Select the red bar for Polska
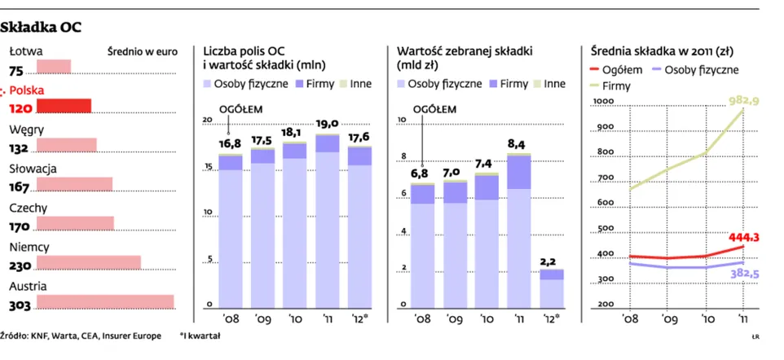tap(64, 106)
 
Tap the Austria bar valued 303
tap(105, 301)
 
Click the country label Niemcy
tap(29, 247)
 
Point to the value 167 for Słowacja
tap(19, 187)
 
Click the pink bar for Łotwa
tap(54, 67)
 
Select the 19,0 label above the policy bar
tap(328, 124)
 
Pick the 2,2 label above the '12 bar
tap(548, 261)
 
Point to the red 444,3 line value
tap(744, 238)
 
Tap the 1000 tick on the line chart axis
tap(603, 102)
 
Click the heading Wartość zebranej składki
tap(464, 50)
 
